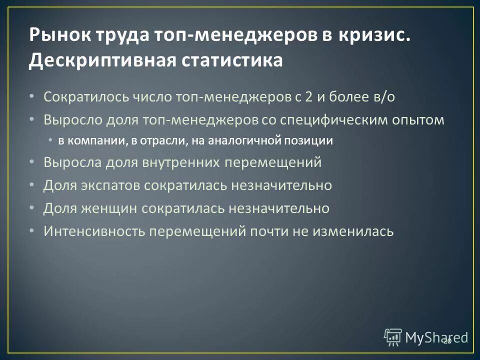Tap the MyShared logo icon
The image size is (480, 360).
[393, 337]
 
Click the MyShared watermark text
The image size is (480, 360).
[436, 337]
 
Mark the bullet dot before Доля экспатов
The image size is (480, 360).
[32, 185]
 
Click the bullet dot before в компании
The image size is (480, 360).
[51, 141]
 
